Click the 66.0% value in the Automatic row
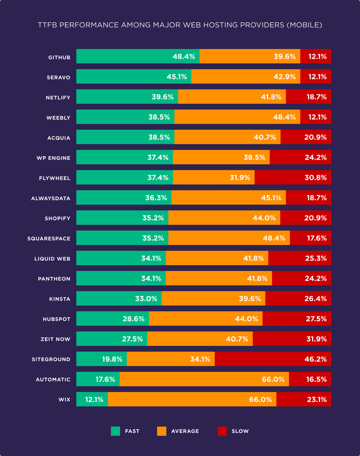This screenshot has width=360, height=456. [273, 379]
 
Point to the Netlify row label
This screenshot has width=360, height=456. [58, 97]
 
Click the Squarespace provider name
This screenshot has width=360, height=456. [49, 239]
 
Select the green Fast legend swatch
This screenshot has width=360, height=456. [115, 431]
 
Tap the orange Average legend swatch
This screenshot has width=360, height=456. [162, 431]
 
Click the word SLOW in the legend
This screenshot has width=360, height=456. [240, 431]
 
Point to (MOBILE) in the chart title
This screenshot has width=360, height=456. [304, 25]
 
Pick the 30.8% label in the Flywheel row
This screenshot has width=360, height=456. [315, 178]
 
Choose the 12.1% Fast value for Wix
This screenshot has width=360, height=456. [94, 400]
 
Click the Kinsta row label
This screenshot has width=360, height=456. [60, 299]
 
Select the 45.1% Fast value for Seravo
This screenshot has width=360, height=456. [176, 77]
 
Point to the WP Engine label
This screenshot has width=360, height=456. [53, 158]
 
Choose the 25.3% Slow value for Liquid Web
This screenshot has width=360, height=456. [316, 258]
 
